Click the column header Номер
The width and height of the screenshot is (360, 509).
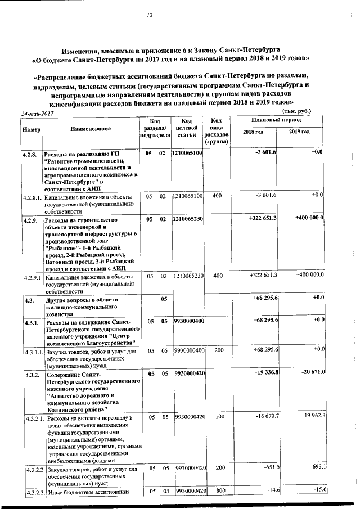pyautogui.click(x=30, y=129)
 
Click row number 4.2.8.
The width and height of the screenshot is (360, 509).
pyautogui.click(x=30, y=153)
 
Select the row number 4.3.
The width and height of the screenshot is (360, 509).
pyautogui.click(x=28, y=300)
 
